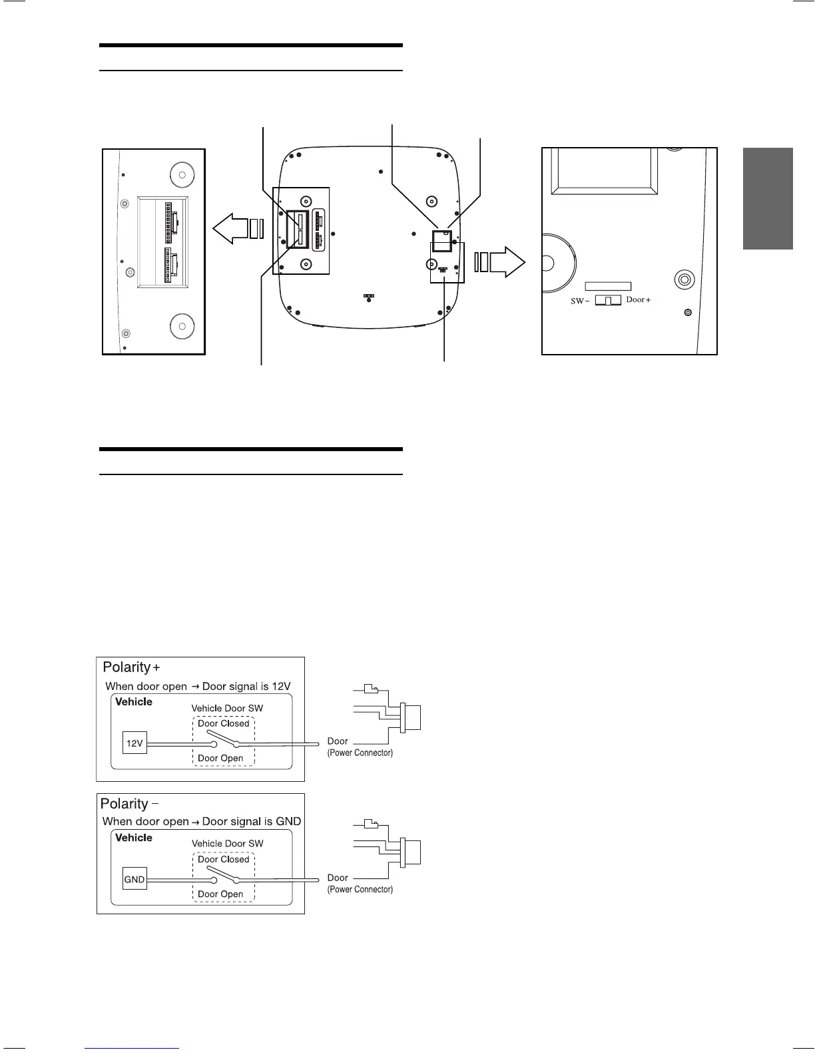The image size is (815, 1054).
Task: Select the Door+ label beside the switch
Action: (x=638, y=300)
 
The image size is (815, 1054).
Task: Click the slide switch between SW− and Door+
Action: (x=607, y=301)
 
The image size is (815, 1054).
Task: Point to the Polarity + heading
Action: (x=132, y=667)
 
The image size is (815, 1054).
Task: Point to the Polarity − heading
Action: (x=129, y=804)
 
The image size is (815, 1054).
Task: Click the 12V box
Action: (x=135, y=743)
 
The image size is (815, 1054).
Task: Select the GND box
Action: (x=135, y=880)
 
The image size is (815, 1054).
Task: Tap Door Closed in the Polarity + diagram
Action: (x=223, y=723)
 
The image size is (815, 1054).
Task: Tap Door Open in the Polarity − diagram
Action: (x=220, y=894)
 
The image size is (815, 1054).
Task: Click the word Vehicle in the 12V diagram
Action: (x=134, y=702)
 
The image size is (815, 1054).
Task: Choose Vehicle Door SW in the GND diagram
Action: (x=227, y=844)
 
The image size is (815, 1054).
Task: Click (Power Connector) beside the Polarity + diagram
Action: (x=360, y=753)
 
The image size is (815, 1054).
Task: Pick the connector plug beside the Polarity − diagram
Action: (x=411, y=852)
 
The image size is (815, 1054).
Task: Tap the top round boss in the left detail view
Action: (x=181, y=175)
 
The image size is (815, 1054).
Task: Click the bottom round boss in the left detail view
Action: (x=181, y=326)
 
